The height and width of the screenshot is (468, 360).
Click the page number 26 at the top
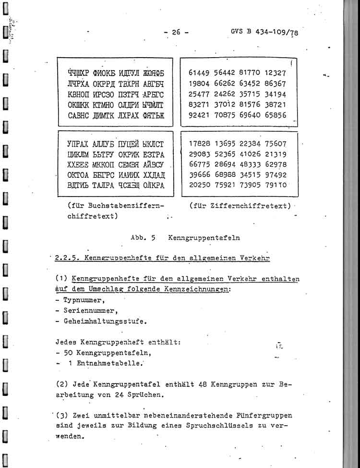[176, 33]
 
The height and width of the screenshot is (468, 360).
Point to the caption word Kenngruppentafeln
[204, 237]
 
